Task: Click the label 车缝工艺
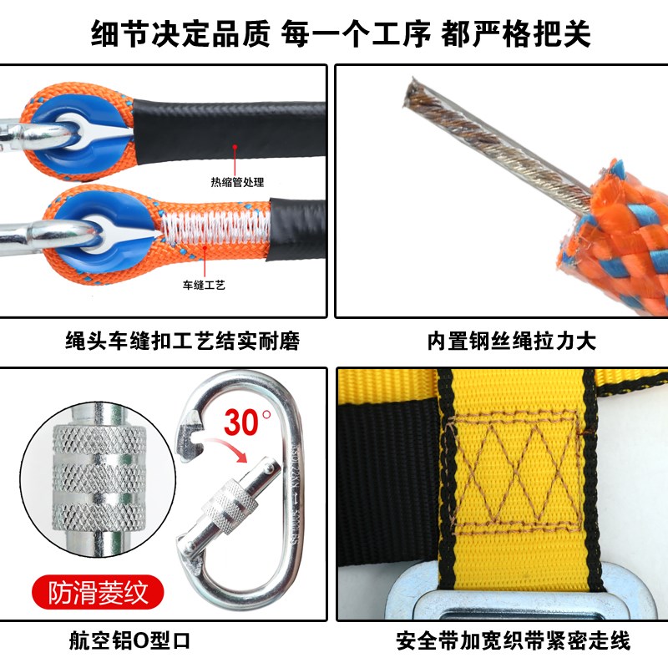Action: click(205, 285)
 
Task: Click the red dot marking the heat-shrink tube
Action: click(236, 146)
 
